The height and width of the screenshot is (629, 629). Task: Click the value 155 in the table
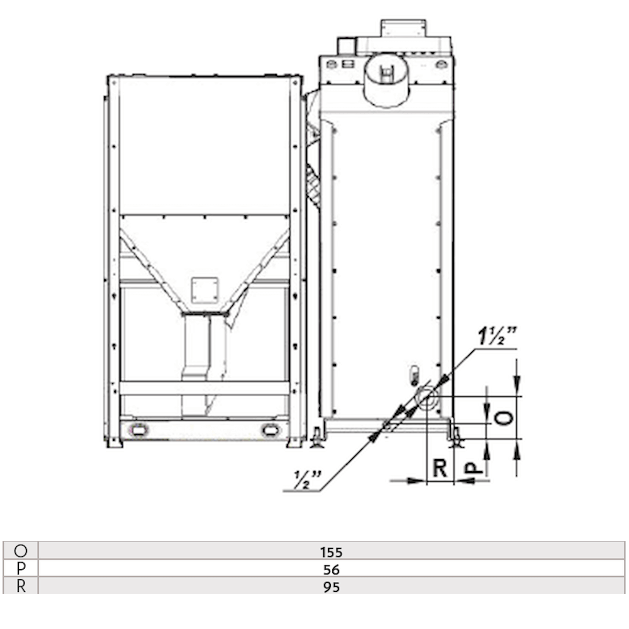(331, 552)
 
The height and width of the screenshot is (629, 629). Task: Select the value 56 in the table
(331, 569)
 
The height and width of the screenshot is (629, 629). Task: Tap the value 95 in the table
(331, 587)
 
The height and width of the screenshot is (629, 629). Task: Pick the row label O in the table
(21, 551)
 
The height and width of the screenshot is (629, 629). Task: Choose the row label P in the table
(21, 569)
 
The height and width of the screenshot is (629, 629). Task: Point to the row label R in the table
(21, 586)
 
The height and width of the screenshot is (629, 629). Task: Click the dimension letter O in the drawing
(504, 418)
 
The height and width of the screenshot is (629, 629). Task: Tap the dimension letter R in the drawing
(439, 468)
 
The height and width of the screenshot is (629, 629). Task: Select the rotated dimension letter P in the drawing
(473, 467)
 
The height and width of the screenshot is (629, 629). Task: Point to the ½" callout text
(307, 479)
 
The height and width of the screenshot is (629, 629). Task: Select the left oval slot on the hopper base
(138, 429)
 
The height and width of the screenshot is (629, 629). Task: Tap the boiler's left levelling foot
(317, 438)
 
